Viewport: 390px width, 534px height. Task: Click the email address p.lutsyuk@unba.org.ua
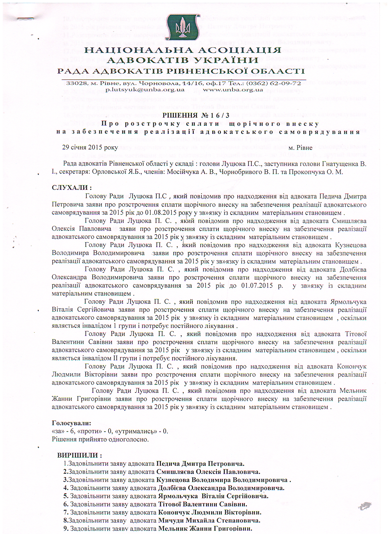(145, 90)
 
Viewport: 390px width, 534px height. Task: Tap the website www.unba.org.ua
(233, 90)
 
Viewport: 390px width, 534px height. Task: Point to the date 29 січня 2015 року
(90, 147)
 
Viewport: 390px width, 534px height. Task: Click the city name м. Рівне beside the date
(300, 148)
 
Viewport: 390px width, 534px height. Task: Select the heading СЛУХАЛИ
(72, 187)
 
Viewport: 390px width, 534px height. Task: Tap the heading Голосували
(72, 423)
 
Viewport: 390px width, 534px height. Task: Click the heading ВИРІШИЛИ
(80, 455)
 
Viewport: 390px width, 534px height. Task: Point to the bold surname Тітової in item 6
(169, 504)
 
